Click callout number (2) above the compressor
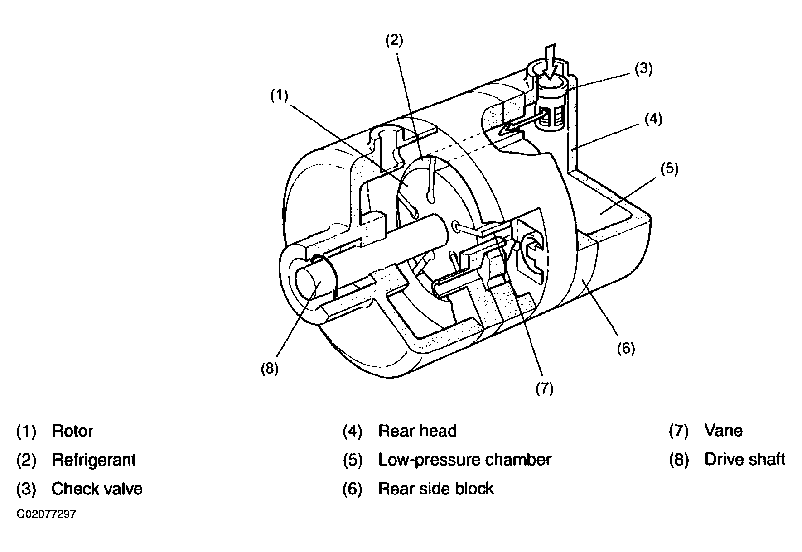coord(394,41)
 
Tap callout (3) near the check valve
coord(643,69)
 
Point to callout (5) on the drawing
coord(669,169)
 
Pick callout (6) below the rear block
coord(626,348)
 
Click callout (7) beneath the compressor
coord(544,388)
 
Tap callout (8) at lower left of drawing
coord(269,369)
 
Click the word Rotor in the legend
coord(72,431)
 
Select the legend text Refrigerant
coord(94,460)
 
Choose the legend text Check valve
coord(97,489)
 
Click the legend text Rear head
coord(417,431)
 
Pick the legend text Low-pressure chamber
coord(465,460)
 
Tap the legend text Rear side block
coord(436,489)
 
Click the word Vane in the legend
coord(724,431)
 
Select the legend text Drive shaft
coord(745,460)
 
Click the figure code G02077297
coord(46,514)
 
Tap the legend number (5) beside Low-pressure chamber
coord(353,460)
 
